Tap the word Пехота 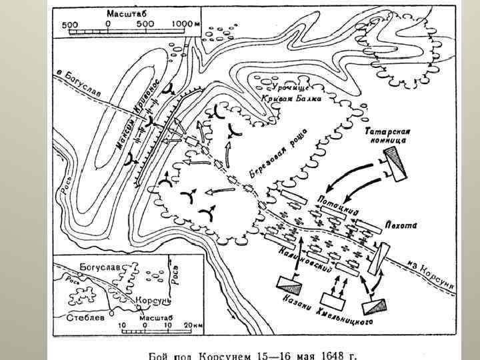pos(398,225)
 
